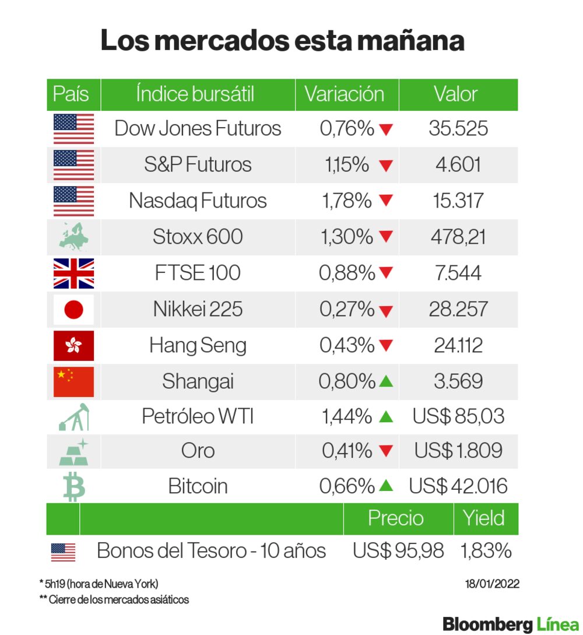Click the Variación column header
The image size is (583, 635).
tap(345, 94)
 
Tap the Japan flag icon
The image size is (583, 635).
tap(73, 310)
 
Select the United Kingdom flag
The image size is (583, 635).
tap(73, 273)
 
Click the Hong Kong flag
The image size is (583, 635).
tap(73, 346)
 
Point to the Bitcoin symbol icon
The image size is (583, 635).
tap(74, 487)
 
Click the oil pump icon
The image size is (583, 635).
tap(74, 416)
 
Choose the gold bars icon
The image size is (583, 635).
tap(74, 451)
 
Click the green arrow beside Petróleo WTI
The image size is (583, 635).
tap(386, 417)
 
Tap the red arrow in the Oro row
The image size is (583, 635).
tap(386, 451)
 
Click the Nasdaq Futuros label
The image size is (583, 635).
tap(198, 201)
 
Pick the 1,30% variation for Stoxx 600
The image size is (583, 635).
tap(347, 237)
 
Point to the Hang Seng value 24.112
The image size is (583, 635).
tap(458, 346)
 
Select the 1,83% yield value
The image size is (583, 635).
tap(486, 550)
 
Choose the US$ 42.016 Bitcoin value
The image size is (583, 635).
tap(458, 486)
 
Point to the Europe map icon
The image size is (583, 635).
tap(73, 237)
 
